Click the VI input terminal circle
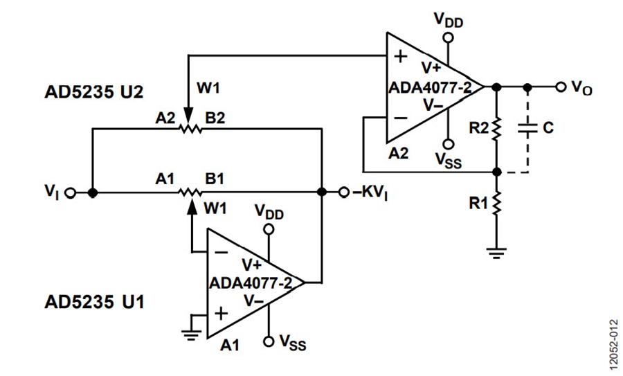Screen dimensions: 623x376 pyautogui.click(x=71, y=193)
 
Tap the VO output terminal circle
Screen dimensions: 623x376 pyautogui.click(x=561, y=87)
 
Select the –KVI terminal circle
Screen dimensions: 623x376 pyautogui.click(x=344, y=193)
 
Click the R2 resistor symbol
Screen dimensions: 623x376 pyautogui.click(x=496, y=128)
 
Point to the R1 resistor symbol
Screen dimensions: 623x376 pyautogui.click(x=496, y=203)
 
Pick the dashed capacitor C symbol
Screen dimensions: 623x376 pyautogui.click(x=527, y=128)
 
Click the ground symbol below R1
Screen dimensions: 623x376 pyautogui.click(x=496, y=253)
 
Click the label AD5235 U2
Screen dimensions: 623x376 pyautogui.click(x=94, y=92)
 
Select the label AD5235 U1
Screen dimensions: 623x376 pyautogui.click(x=95, y=302)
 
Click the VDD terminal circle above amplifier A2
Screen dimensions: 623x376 pyautogui.click(x=449, y=37)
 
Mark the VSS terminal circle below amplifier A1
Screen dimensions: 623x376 pyautogui.click(x=269, y=341)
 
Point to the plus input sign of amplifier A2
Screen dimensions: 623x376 pyautogui.click(x=401, y=57)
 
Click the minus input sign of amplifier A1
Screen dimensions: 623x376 pyautogui.click(x=221, y=252)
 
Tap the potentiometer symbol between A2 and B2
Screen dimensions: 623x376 pyautogui.click(x=191, y=128)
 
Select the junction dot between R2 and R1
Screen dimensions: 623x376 pyautogui.click(x=496, y=172)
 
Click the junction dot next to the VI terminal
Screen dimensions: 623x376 pyautogui.click(x=93, y=193)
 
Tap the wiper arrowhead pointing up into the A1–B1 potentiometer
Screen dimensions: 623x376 pyautogui.click(x=192, y=206)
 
